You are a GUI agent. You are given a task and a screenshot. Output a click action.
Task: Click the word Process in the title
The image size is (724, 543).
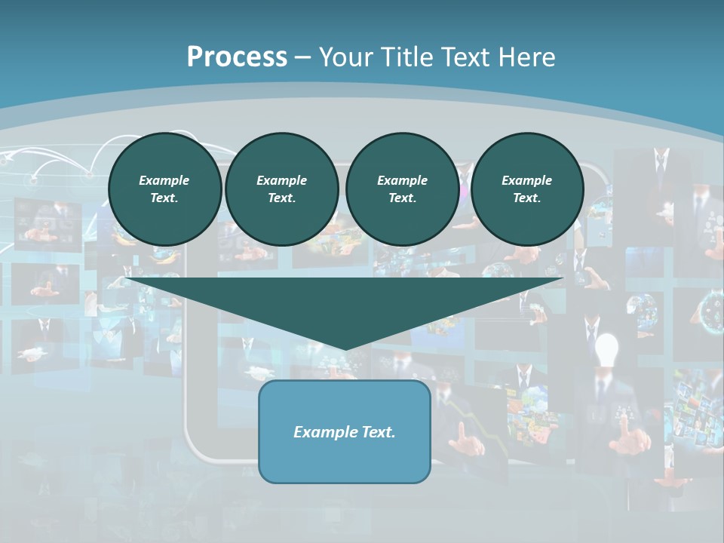237,57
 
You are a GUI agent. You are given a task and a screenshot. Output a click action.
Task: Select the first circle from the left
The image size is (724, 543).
164,189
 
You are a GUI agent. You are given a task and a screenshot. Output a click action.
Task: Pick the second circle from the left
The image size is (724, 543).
281,189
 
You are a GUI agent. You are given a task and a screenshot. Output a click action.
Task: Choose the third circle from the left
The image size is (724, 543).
402,189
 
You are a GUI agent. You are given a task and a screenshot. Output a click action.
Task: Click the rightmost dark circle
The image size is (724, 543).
526,189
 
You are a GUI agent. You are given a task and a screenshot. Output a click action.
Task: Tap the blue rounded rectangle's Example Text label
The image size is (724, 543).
344,432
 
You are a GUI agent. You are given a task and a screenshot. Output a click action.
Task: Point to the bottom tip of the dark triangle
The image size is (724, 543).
345,348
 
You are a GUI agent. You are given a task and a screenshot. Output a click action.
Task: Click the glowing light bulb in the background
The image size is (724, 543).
606,350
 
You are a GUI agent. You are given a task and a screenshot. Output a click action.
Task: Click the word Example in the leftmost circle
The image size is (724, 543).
164,180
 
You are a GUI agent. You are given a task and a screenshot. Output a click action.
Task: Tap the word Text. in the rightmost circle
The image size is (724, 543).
526,198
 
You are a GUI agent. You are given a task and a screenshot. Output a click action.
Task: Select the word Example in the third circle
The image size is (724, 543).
402,180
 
